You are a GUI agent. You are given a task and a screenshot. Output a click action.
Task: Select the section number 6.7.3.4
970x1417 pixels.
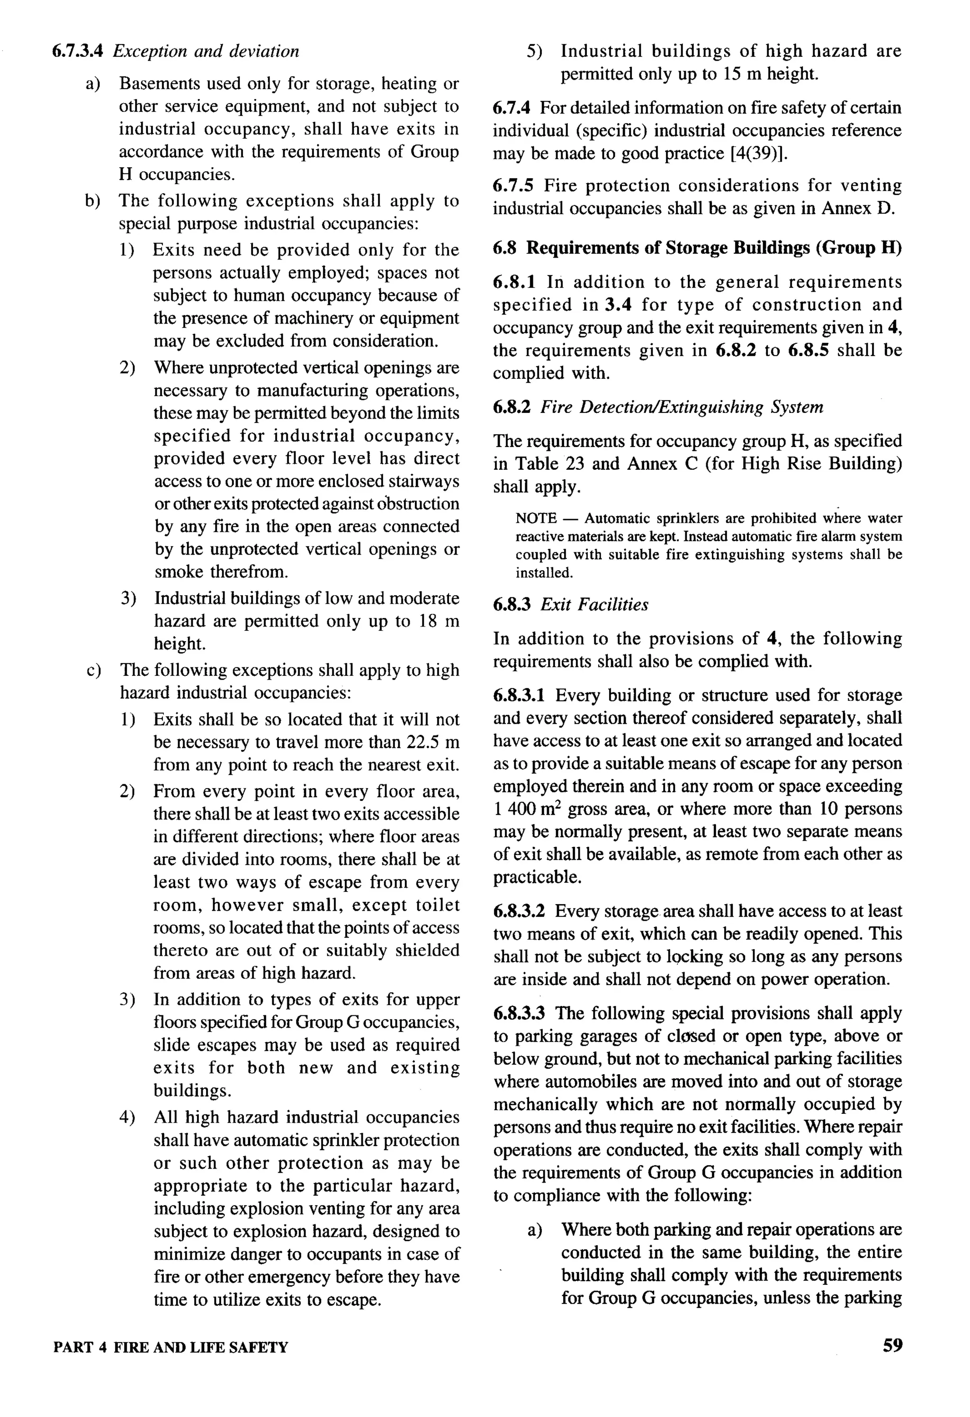tap(77, 51)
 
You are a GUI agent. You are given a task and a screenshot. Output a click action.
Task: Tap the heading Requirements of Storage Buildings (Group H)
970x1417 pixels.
tap(714, 248)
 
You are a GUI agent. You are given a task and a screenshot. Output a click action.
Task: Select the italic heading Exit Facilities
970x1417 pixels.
tap(594, 605)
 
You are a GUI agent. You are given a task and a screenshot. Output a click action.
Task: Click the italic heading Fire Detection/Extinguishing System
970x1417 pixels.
tap(682, 407)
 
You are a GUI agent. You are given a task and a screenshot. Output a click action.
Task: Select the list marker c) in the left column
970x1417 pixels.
tap(93, 671)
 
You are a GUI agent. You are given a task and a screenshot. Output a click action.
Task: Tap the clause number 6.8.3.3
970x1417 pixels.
tap(519, 1013)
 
